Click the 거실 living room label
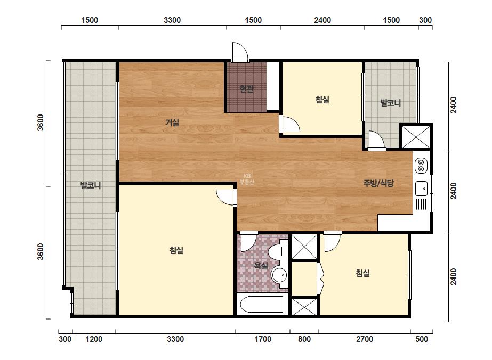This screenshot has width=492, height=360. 172,122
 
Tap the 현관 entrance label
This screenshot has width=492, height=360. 246,89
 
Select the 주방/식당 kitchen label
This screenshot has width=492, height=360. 378,183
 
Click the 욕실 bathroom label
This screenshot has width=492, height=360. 261,266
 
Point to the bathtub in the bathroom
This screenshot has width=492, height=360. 262,304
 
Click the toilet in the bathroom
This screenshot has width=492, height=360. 278,251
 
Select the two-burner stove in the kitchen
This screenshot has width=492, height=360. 421,166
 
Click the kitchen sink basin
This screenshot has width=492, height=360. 421,189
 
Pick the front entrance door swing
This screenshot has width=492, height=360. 240,51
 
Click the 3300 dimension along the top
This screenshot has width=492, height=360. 172,20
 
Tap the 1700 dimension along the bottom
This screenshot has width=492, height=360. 263,339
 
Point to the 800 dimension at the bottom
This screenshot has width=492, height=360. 304,339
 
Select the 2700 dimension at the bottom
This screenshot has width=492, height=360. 365,339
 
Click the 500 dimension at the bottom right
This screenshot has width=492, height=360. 422,339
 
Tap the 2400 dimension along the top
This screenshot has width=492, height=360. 322,20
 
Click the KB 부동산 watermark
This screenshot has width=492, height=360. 247,179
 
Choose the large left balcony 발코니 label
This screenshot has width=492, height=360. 91,185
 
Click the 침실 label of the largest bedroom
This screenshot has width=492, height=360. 176,250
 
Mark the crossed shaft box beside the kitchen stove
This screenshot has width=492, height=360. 416,136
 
